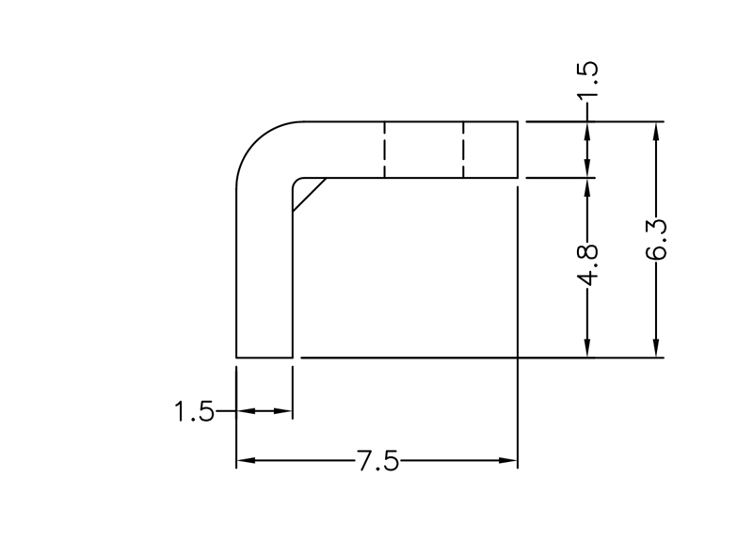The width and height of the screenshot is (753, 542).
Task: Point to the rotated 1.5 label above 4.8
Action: pos(588,83)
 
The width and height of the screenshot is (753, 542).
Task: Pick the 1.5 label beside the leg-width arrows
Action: pos(194,411)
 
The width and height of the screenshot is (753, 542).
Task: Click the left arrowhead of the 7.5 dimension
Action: pos(244,461)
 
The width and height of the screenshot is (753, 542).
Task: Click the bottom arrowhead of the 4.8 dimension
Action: pos(588,349)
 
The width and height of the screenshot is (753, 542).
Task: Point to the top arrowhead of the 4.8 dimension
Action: pos(588,185)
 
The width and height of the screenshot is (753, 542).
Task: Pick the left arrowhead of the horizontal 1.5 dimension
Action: pos(244,411)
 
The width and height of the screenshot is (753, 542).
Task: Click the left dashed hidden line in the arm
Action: pos(384,150)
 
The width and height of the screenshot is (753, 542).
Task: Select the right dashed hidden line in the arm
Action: pos(463,150)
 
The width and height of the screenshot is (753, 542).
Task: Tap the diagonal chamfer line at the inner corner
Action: pos(309,194)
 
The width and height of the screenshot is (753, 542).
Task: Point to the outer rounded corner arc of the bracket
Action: pos(254,141)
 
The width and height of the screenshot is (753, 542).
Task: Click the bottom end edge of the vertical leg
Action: pos(264,358)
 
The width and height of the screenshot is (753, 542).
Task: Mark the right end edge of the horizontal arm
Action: pos(519,150)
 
